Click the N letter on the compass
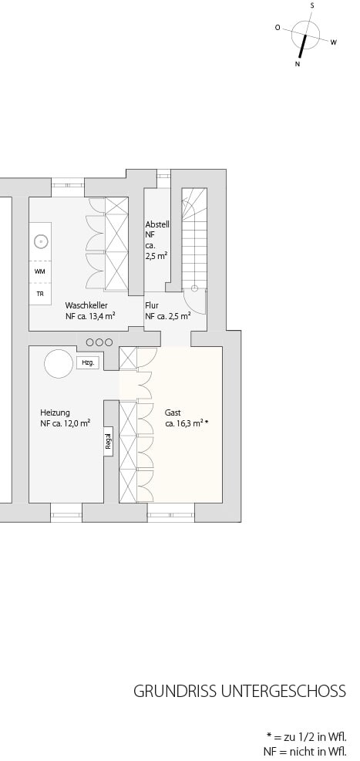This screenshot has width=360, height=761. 298,64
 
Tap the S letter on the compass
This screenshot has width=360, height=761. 312,5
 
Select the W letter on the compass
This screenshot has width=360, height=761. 334,42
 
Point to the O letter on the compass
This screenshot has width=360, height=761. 278,28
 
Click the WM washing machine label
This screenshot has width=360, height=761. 40,271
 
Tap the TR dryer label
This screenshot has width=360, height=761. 40,294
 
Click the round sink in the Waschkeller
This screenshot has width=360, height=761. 41,241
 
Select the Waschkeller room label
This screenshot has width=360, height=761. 86,305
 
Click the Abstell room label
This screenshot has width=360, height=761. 157,224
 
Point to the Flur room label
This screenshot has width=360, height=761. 152,306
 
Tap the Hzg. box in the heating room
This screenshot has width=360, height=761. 88,362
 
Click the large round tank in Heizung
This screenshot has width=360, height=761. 59,363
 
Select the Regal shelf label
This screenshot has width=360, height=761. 108,441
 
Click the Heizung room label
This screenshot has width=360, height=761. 55,412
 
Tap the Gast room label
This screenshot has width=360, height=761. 173,412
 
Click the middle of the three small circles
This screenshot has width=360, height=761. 99,342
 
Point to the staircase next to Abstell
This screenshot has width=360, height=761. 194,237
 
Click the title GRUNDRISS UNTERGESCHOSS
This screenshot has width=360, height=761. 240,691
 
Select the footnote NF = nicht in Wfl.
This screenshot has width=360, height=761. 305,751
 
